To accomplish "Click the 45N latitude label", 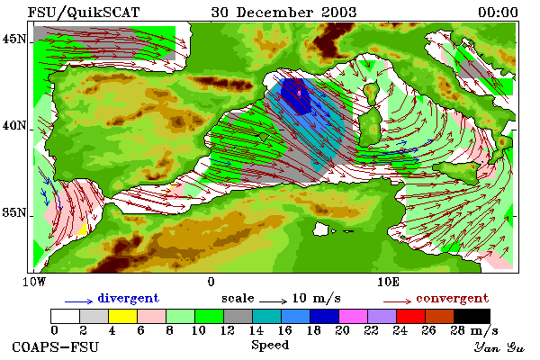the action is coord(13,39).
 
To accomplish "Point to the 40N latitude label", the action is coord(13,125).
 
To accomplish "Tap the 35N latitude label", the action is coord(13,212).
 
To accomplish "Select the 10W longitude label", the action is coord(34,282).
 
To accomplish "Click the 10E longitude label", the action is coord(388,282).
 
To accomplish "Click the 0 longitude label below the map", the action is coord(211,282).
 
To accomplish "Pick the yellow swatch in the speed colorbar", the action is coord(123,316).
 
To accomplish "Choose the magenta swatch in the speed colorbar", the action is coord(354,316).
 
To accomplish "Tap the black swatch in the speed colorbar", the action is coord(472,316).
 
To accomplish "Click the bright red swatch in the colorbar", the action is coord(411,316).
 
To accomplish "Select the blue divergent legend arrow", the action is coord(79,301).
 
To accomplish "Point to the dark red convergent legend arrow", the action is coord(398,301).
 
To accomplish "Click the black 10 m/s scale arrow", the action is coord(273,301).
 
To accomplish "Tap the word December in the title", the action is coord(274,13).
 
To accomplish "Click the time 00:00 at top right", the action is coord(498,13).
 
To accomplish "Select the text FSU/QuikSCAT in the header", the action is coord(84,13).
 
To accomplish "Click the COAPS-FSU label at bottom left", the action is coord(56,346).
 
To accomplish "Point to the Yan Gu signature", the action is coord(499,347).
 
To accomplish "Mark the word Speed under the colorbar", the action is coord(270,345).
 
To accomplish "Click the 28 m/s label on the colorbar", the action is coord(474,330).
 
